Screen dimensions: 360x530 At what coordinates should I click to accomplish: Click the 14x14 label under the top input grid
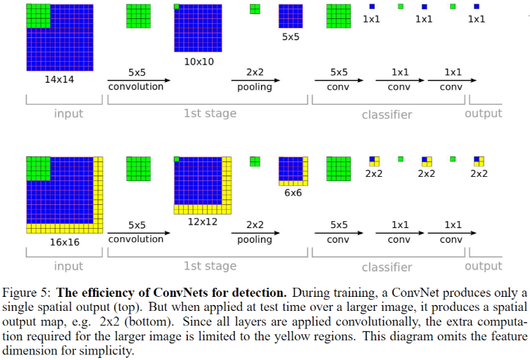tap(60, 79)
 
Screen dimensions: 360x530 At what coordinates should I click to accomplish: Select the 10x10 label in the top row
tap(198, 62)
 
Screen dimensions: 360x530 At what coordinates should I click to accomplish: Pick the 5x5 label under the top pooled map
tap(291, 36)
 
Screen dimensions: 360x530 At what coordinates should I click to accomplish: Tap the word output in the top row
tap(483, 113)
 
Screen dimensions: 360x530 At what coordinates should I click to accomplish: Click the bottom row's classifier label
tap(387, 267)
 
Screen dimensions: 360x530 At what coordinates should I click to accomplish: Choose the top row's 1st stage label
tap(210, 113)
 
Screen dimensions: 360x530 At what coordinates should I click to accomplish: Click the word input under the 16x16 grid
tap(69, 266)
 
